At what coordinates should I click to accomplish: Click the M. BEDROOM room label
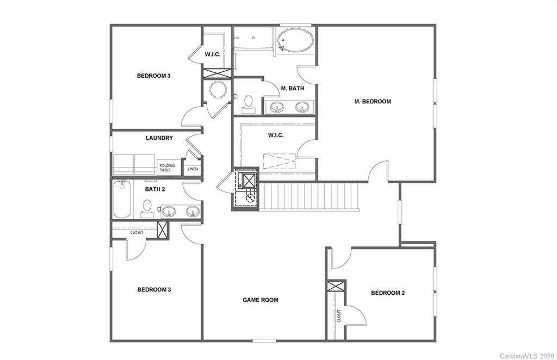click(373, 101)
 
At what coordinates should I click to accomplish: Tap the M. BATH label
click(292, 88)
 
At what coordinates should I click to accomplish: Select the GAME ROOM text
click(260, 300)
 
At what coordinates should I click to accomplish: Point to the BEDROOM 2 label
click(388, 293)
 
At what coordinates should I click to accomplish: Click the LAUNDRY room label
click(159, 138)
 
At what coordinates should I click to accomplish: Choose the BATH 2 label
click(154, 189)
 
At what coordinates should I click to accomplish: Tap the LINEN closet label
click(193, 169)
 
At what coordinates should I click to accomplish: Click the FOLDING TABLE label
click(167, 168)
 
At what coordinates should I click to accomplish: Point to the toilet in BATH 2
click(147, 207)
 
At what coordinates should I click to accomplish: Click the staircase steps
click(310, 196)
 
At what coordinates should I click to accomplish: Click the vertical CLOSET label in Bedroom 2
click(338, 315)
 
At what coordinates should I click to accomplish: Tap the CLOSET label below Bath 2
click(137, 232)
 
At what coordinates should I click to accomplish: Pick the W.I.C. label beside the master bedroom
click(276, 135)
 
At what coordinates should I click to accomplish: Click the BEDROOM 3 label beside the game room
click(154, 290)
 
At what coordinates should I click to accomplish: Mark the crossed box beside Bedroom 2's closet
click(336, 287)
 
